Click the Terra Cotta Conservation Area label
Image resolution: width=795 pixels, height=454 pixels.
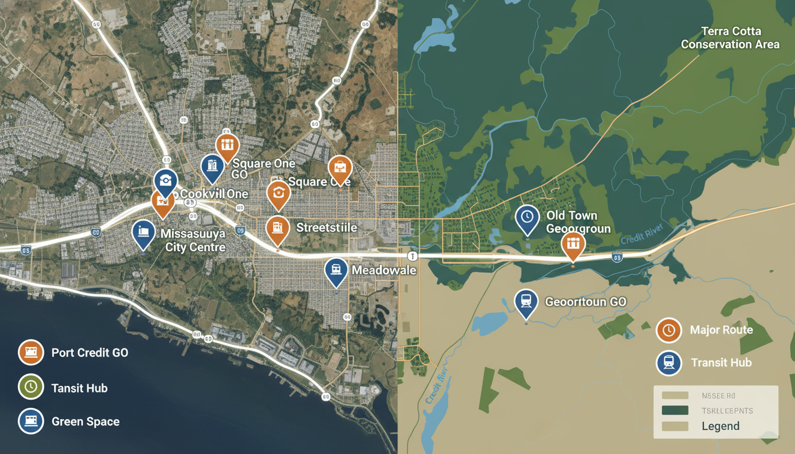[731, 37]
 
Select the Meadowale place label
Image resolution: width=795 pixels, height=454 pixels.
[384, 270]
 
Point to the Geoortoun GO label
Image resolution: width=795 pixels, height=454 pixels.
[585, 301]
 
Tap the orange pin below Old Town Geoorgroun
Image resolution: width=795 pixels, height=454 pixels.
[573, 244]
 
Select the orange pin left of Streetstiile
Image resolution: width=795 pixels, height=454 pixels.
[277, 228]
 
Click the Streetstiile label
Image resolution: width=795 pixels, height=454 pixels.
[327, 228]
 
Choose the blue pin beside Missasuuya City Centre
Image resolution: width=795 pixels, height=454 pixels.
[143, 232]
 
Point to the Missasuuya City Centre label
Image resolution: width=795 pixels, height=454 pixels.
[193, 240]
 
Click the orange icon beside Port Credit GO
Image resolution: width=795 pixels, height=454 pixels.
[31, 353]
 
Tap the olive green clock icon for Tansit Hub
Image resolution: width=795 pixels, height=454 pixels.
[31, 387]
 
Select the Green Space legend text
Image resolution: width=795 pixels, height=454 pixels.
[86, 421]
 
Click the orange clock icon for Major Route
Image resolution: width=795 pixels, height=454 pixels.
[669, 330]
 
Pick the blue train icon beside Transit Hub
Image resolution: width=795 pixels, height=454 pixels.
[669, 362]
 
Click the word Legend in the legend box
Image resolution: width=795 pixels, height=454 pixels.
[720, 426]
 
